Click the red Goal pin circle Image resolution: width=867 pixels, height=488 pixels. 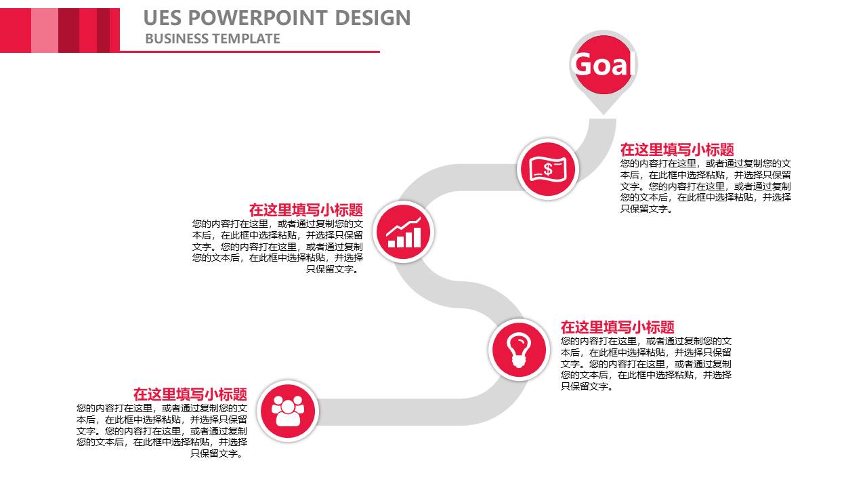tap(603, 64)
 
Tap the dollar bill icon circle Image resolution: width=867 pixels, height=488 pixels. tap(547, 169)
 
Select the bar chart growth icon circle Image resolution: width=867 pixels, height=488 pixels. tap(404, 232)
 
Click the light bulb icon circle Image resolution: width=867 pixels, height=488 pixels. tap(519, 350)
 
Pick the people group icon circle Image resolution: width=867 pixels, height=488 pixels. tap(288, 411)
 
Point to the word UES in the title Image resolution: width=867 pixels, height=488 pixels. tap(162, 18)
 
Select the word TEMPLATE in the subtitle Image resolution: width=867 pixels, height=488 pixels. tap(247, 39)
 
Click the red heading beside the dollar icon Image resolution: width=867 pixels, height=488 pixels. tap(677, 150)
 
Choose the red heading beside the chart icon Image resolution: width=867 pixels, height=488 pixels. tap(305, 210)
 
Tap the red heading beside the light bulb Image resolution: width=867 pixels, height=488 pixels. tap(617, 327)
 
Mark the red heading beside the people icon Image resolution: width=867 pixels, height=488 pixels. tap(190, 394)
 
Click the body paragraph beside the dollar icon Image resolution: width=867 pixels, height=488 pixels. tap(705, 186)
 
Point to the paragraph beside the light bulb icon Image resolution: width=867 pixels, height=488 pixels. tap(646, 363)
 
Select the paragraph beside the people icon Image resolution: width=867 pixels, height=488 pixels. tap(162, 430)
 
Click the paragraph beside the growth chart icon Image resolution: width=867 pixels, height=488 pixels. tap(278, 246)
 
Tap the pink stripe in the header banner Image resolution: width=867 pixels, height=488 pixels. tap(45, 30)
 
